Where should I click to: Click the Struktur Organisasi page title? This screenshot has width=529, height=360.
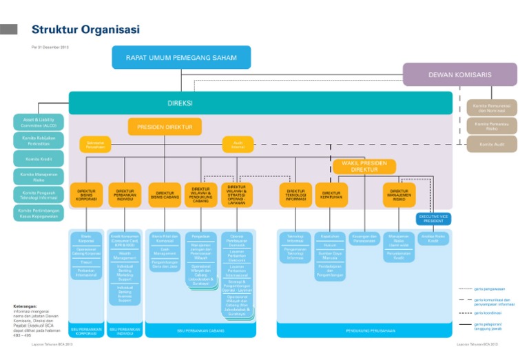(85, 30)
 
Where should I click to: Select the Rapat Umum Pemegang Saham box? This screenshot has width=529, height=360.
(181, 57)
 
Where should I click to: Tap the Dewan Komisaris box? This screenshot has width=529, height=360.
(459, 74)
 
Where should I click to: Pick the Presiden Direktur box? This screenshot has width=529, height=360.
(165, 127)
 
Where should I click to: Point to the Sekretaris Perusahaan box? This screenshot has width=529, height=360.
(95, 145)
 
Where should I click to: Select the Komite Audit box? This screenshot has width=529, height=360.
(491, 144)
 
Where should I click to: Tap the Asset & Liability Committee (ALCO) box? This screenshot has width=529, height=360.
(38, 123)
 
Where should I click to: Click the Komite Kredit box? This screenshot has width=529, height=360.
(38, 158)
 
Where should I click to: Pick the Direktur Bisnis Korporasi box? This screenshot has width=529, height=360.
(86, 195)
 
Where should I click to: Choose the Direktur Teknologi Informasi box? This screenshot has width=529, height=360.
(295, 195)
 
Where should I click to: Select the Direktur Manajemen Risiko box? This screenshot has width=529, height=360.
(400, 195)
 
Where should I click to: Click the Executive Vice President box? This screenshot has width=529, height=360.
(433, 219)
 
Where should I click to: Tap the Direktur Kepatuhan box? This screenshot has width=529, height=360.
(331, 195)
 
